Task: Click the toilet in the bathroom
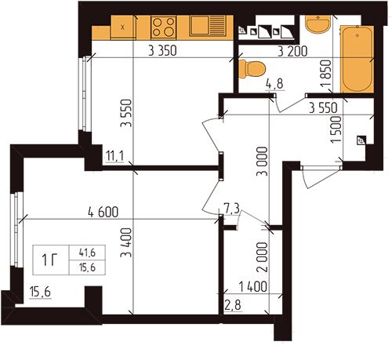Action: pos(252,69)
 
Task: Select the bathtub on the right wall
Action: pos(358,59)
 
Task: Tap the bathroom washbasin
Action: pos(318,24)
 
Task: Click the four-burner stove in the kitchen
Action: pos(164,27)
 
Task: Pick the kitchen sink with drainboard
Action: pos(208,26)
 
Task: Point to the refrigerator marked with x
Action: pos(123,27)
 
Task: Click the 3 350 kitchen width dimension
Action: pos(162,50)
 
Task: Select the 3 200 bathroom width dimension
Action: pos(292,51)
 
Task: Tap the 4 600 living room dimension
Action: pos(103,212)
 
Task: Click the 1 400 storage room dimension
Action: pos(253,287)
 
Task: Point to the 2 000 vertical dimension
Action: pos(263,257)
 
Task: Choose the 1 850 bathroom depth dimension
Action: pos(326,74)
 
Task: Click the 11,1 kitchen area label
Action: pos(115,157)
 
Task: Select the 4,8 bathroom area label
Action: pos(275,84)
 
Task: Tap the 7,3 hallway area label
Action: pos(231,209)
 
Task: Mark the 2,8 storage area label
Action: pos(233,305)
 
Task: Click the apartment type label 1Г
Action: pos(49,260)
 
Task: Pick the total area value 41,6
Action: pos(87,253)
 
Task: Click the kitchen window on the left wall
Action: pos(85,93)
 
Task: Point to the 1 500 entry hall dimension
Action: pos(336,129)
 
